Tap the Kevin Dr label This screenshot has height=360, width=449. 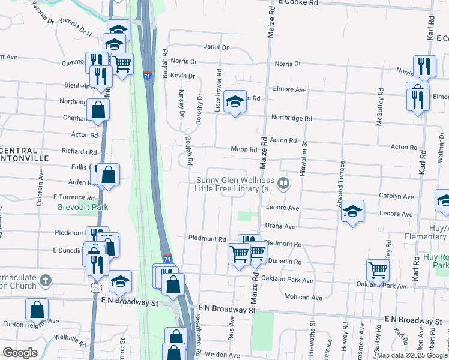182,76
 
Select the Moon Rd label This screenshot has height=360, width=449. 244,149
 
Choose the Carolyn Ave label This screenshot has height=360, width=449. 396,196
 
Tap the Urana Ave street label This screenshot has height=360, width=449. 281,227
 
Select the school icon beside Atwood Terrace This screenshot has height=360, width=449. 352,211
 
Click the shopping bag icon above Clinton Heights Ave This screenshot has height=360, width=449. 37,309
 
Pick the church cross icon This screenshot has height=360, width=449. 46,280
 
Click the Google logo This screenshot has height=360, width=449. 20,353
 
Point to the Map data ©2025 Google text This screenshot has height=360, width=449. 411,355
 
